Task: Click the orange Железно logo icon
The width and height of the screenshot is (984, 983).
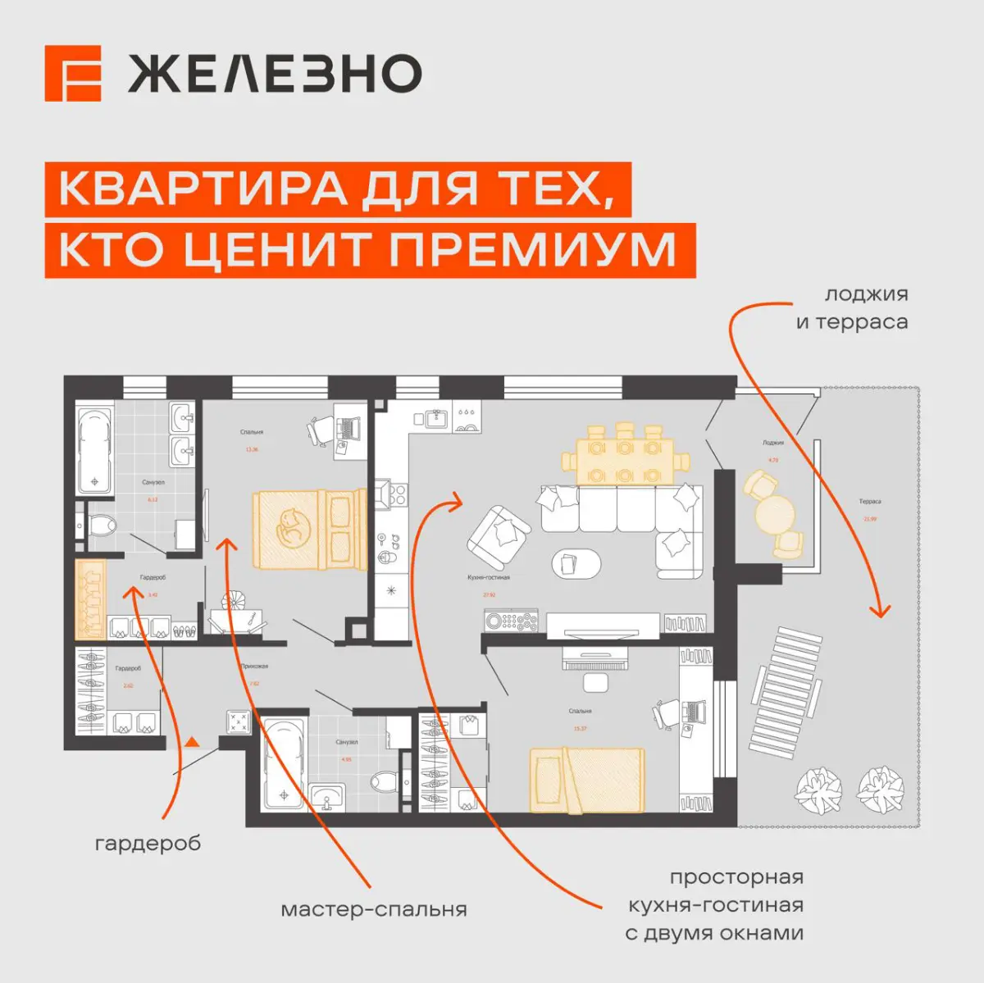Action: (73, 74)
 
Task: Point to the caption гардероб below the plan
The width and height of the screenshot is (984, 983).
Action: (148, 844)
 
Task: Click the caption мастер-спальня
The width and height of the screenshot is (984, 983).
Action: (374, 909)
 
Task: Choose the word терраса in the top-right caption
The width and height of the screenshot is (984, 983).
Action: (862, 322)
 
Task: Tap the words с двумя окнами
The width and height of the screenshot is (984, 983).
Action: (713, 933)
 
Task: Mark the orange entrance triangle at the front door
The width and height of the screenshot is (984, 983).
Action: (192, 742)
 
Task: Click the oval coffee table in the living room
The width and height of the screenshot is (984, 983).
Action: (576, 563)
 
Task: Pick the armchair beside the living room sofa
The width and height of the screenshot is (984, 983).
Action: (499, 536)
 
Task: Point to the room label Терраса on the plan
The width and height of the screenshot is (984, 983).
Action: (870, 501)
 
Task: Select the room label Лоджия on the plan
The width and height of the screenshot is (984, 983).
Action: (772, 443)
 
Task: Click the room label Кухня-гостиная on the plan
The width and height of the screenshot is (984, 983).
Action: (488, 577)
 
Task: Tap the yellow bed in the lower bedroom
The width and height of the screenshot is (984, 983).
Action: (585, 779)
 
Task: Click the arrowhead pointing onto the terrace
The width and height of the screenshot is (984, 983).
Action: (881, 610)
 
